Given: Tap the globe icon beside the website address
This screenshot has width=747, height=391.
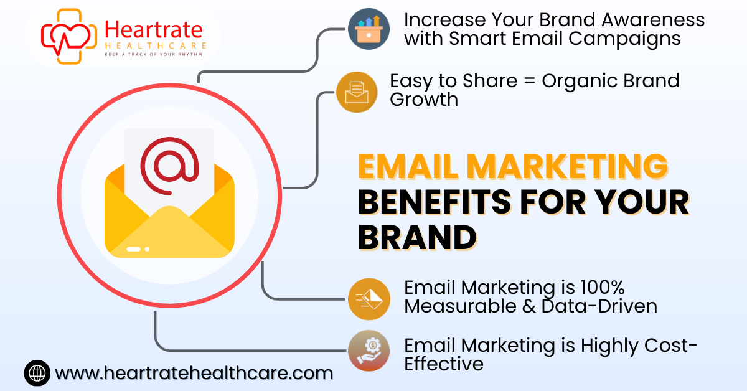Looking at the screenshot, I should [x=37, y=373].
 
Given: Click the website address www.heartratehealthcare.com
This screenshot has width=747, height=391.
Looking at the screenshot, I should [x=194, y=373].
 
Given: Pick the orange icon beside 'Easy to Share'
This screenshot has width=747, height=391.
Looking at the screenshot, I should [x=357, y=92].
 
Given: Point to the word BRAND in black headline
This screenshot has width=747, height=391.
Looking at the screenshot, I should [x=417, y=237].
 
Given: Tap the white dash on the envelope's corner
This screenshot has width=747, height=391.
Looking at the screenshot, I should [x=133, y=249].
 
